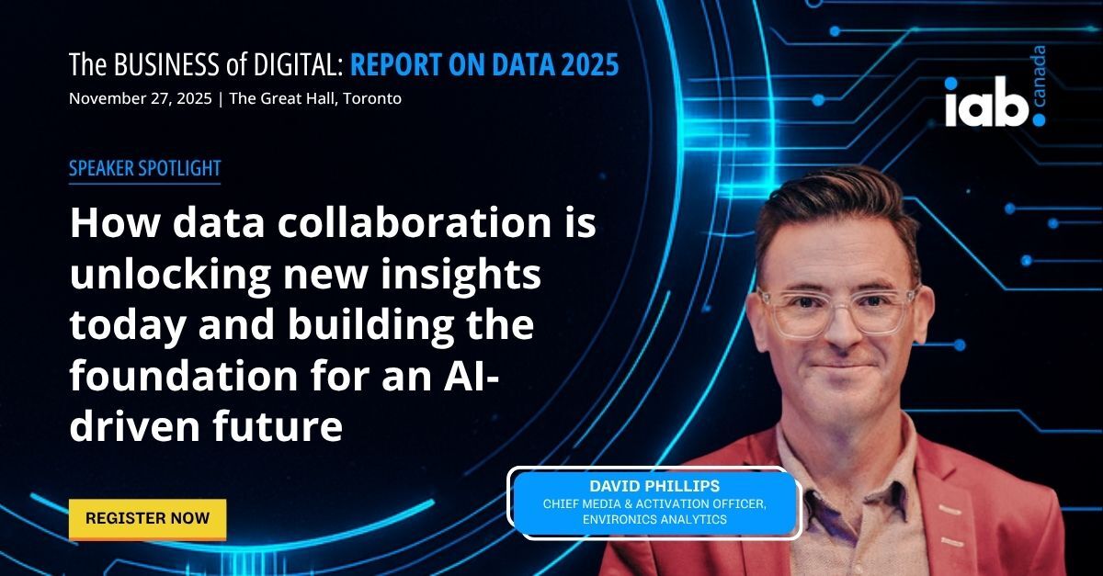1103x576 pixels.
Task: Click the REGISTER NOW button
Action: point(147,518)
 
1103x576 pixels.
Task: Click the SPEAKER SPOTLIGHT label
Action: point(144,169)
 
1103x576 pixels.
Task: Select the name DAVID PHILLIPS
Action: point(654,486)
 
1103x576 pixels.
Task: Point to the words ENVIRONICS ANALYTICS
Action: point(654,520)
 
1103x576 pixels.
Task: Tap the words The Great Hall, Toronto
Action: point(315,98)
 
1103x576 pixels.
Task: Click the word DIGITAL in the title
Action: point(293,65)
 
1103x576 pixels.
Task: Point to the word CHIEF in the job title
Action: point(563,503)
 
